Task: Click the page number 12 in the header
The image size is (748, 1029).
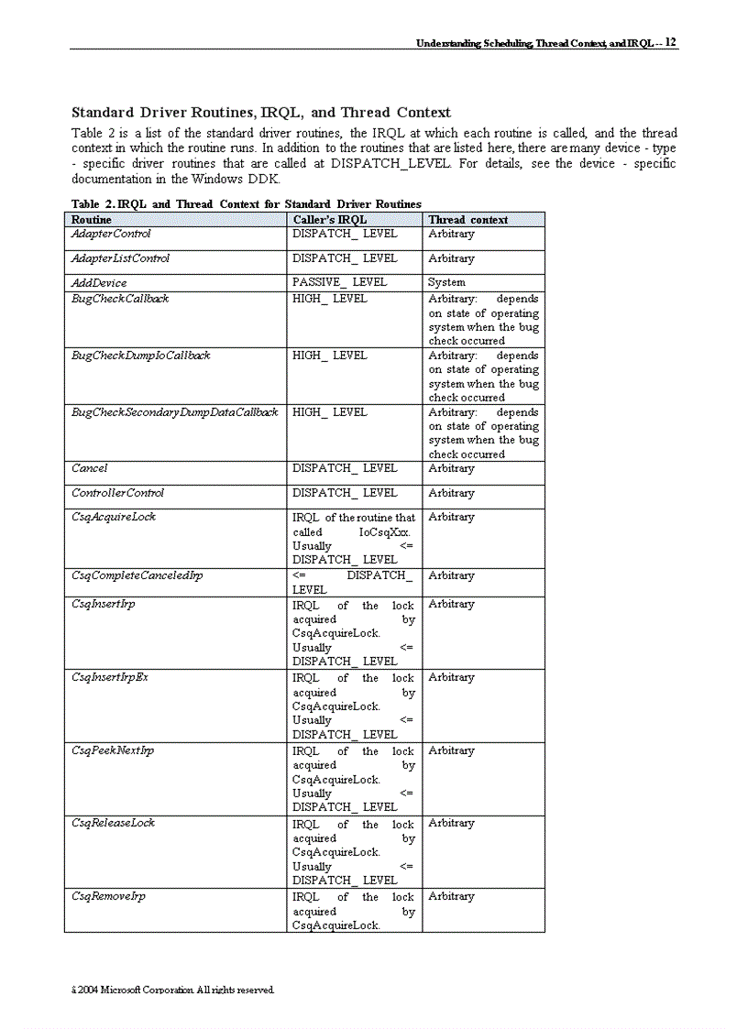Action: pyautogui.click(x=671, y=42)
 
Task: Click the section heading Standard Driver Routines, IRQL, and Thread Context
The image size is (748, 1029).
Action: pyautogui.click(x=261, y=113)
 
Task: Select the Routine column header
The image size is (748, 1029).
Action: pyautogui.click(x=92, y=220)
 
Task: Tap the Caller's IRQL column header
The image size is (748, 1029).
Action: pyautogui.click(x=329, y=220)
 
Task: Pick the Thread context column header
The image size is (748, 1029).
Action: pyautogui.click(x=467, y=220)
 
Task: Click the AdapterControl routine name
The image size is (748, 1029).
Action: pyautogui.click(x=111, y=235)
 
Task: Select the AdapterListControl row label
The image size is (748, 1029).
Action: pyautogui.click(x=120, y=258)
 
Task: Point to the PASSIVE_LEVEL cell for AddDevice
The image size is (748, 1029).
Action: pyautogui.click(x=339, y=282)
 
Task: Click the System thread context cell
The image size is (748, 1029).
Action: pyautogui.click(x=446, y=282)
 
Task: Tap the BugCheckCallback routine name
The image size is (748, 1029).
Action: pyautogui.click(x=120, y=299)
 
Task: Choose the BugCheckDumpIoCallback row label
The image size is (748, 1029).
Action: pyautogui.click(x=140, y=356)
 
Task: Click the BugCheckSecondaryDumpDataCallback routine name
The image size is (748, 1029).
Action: pyautogui.click(x=174, y=412)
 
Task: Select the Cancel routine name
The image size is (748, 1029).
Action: pyautogui.click(x=89, y=468)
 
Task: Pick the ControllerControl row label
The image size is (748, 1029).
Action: pyautogui.click(x=117, y=493)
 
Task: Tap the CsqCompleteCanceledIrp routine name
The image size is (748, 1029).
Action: pyautogui.click(x=137, y=575)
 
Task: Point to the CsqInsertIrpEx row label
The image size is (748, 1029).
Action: pyautogui.click(x=109, y=677)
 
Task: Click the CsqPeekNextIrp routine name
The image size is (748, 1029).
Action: pyautogui.click(x=112, y=750)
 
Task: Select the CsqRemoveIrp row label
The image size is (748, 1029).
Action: pyautogui.click(x=108, y=896)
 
